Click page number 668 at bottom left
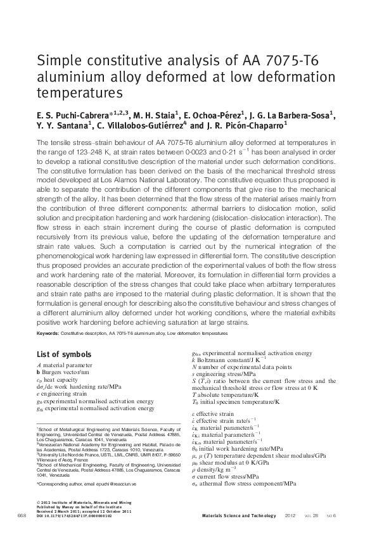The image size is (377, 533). pos(21,516)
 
